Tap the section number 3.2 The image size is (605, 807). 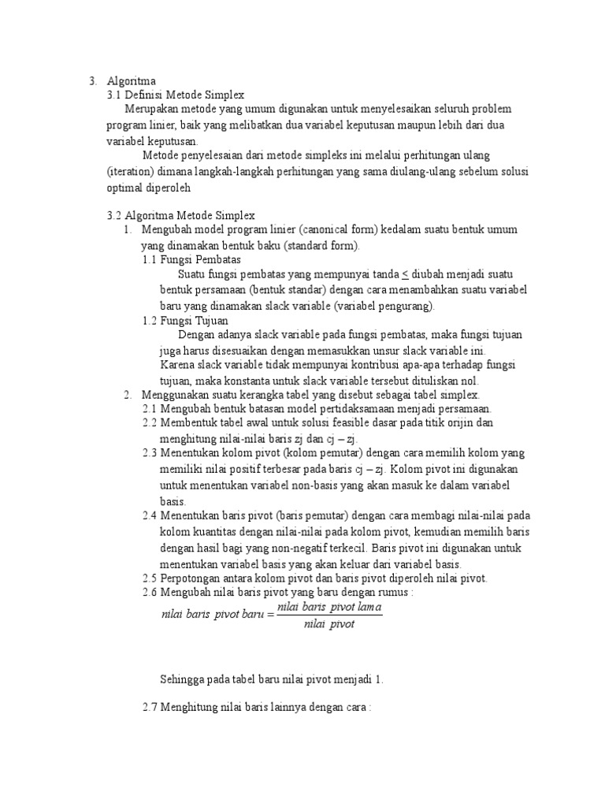tap(114, 215)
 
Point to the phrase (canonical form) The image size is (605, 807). tap(340, 230)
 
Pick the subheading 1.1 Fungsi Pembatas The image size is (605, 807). tap(191, 259)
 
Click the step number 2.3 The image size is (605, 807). tap(150, 454)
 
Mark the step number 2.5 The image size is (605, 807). tap(150, 578)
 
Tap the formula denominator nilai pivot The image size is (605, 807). tap(329, 625)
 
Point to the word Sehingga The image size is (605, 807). tap(182, 679)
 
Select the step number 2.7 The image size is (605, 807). tap(150, 709)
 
